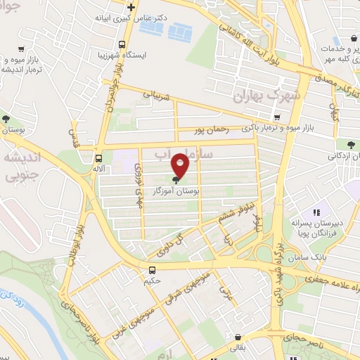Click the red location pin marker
coord(181,165)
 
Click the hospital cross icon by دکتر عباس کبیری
coord(122,6)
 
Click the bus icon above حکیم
coord(153,270)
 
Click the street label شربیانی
coord(157,96)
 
